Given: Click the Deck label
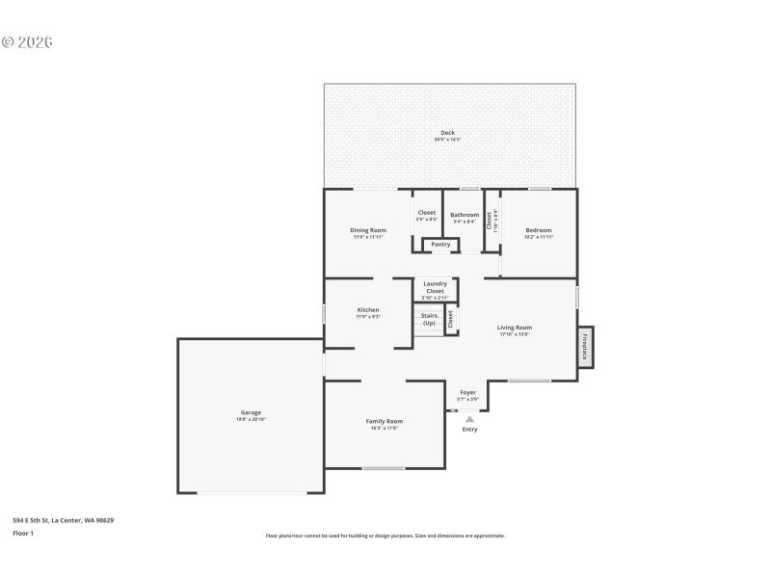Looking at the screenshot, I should point(447,133).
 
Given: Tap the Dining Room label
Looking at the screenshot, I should point(368,230).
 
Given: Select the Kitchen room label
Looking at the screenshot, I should point(368,310).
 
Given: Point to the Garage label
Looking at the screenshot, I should point(251,412).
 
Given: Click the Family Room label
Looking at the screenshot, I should point(384,421).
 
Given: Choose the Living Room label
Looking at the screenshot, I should point(515,328).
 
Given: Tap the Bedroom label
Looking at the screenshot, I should point(539,230).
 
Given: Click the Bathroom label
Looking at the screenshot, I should point(465,215).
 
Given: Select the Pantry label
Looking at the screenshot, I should point(440,245).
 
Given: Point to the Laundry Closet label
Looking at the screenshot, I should point(436,287).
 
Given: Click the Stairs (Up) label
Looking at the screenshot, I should point(429,319).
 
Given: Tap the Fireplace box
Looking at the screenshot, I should point(585,347).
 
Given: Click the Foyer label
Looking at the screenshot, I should point(467,393).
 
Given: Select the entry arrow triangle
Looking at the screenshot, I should point(469,418).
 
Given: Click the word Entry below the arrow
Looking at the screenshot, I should point(469,430).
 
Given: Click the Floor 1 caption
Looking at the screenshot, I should point(23,533).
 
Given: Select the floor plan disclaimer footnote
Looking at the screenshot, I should point(385,536).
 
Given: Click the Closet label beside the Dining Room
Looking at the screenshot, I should point(426,213).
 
